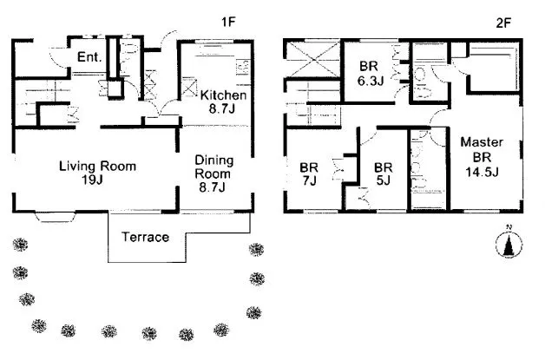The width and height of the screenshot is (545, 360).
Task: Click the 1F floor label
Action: (229, 22)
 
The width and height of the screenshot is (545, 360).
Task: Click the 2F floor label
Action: (503, 23)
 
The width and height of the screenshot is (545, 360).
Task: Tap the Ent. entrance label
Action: (89, 56)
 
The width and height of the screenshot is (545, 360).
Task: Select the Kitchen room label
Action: (223, 95)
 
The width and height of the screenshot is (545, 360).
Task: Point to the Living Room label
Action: (97, 166)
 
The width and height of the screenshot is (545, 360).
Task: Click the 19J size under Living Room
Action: (92, 180)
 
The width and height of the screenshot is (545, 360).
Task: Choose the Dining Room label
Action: (213, 167)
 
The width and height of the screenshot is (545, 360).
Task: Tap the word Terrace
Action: (145, 237)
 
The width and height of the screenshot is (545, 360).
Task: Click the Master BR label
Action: (482, 149)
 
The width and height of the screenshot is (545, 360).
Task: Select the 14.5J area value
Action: (483, 172)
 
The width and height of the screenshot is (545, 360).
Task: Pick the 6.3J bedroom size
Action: (371, 81)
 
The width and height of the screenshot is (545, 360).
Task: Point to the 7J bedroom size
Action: (309, 180)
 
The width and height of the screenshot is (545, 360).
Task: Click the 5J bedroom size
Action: (383, 180)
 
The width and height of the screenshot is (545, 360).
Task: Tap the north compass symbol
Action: (509, 245)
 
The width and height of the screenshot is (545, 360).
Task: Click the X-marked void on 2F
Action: (312, 59)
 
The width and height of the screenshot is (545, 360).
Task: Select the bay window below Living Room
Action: (56, 217)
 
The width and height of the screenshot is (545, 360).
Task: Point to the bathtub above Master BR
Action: (495, 67)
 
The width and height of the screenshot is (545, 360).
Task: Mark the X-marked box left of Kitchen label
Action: (189, 87)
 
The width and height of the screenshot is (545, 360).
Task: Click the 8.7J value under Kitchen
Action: (222, 108)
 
